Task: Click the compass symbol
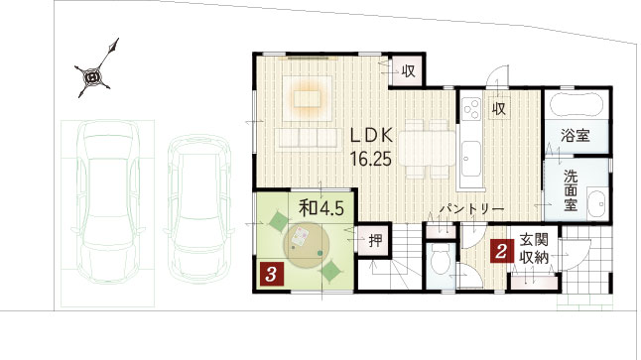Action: coord(92,76)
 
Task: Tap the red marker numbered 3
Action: coord(272,274)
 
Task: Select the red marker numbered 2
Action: coord(501,251)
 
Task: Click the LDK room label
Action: coord(371,136)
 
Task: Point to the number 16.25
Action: coord(371,159)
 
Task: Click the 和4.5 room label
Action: coord(321,208)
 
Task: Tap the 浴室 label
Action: coord(576,135)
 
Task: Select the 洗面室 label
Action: coord(571,190)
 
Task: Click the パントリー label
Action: coord(471,209)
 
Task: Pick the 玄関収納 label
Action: coord(534,249)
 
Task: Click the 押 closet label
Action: coord(375,240)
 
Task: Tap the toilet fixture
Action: coord(441,260)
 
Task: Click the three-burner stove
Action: coord(471,109)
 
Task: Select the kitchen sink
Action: coord(471,159)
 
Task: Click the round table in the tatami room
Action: coord(307,246)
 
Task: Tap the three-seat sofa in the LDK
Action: coord(308,138)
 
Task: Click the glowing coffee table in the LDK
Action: coord(307,98)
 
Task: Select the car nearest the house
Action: coord(198,209)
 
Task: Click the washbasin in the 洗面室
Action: coord(597,202)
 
